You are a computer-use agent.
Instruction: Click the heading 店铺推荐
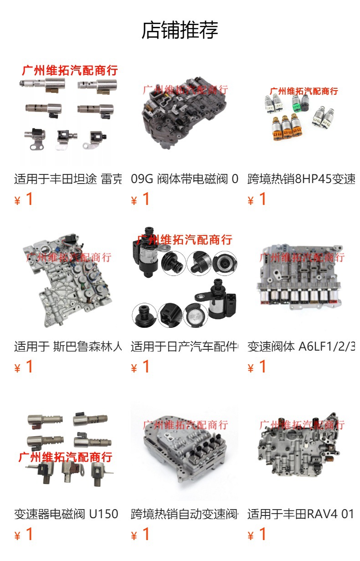180,30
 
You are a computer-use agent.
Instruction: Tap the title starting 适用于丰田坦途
68,178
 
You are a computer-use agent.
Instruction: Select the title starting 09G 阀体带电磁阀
185,178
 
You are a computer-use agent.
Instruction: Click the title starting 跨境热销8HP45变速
301,178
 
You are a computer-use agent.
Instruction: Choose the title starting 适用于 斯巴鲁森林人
68,347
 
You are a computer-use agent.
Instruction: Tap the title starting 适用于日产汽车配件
185,347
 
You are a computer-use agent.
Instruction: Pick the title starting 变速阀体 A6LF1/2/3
301,347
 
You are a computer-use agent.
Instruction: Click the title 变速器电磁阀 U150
67,514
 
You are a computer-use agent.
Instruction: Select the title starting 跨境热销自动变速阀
185,514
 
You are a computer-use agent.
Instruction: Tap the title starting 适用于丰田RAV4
301,514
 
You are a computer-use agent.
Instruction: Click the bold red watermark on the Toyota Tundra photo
70,70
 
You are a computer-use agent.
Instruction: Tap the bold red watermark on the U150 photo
65,457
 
